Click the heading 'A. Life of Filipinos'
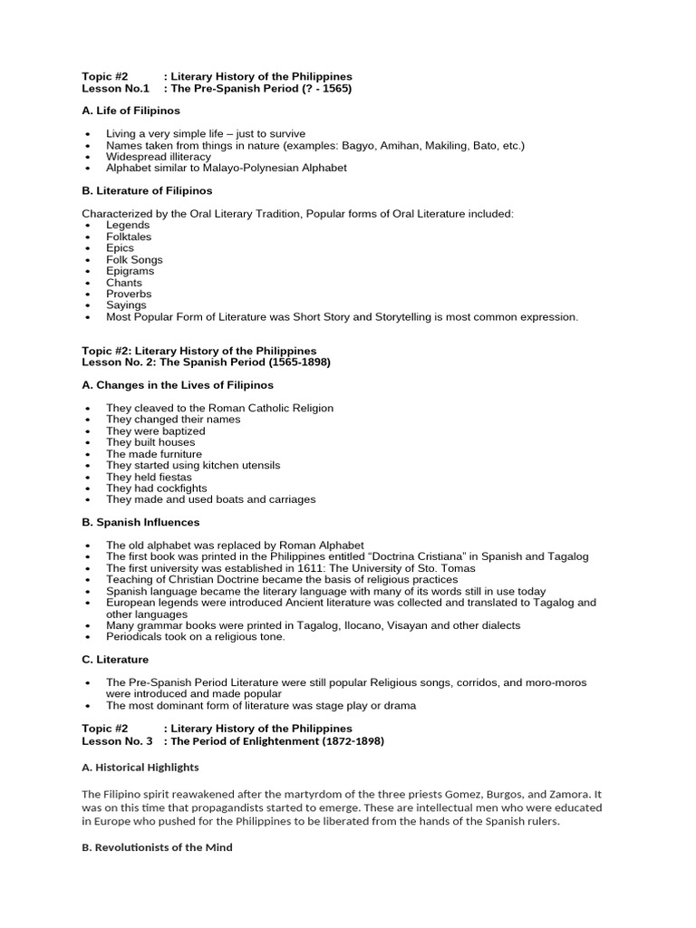click(x=130, y=111)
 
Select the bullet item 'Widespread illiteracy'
click(x=159, y=157)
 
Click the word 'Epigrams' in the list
click(x=130, y=271)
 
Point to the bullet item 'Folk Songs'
click(x=134, y=259)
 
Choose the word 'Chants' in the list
click(x=124, y=283)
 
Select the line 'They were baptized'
click(x=156, y=431)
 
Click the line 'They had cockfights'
click(x=157, y=488)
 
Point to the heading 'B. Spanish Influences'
click(x=140, y=522)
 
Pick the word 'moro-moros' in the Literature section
click(x=556, y=682)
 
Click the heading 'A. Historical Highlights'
click(x=140, y=767)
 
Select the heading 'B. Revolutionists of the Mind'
click(x=157, y=847)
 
